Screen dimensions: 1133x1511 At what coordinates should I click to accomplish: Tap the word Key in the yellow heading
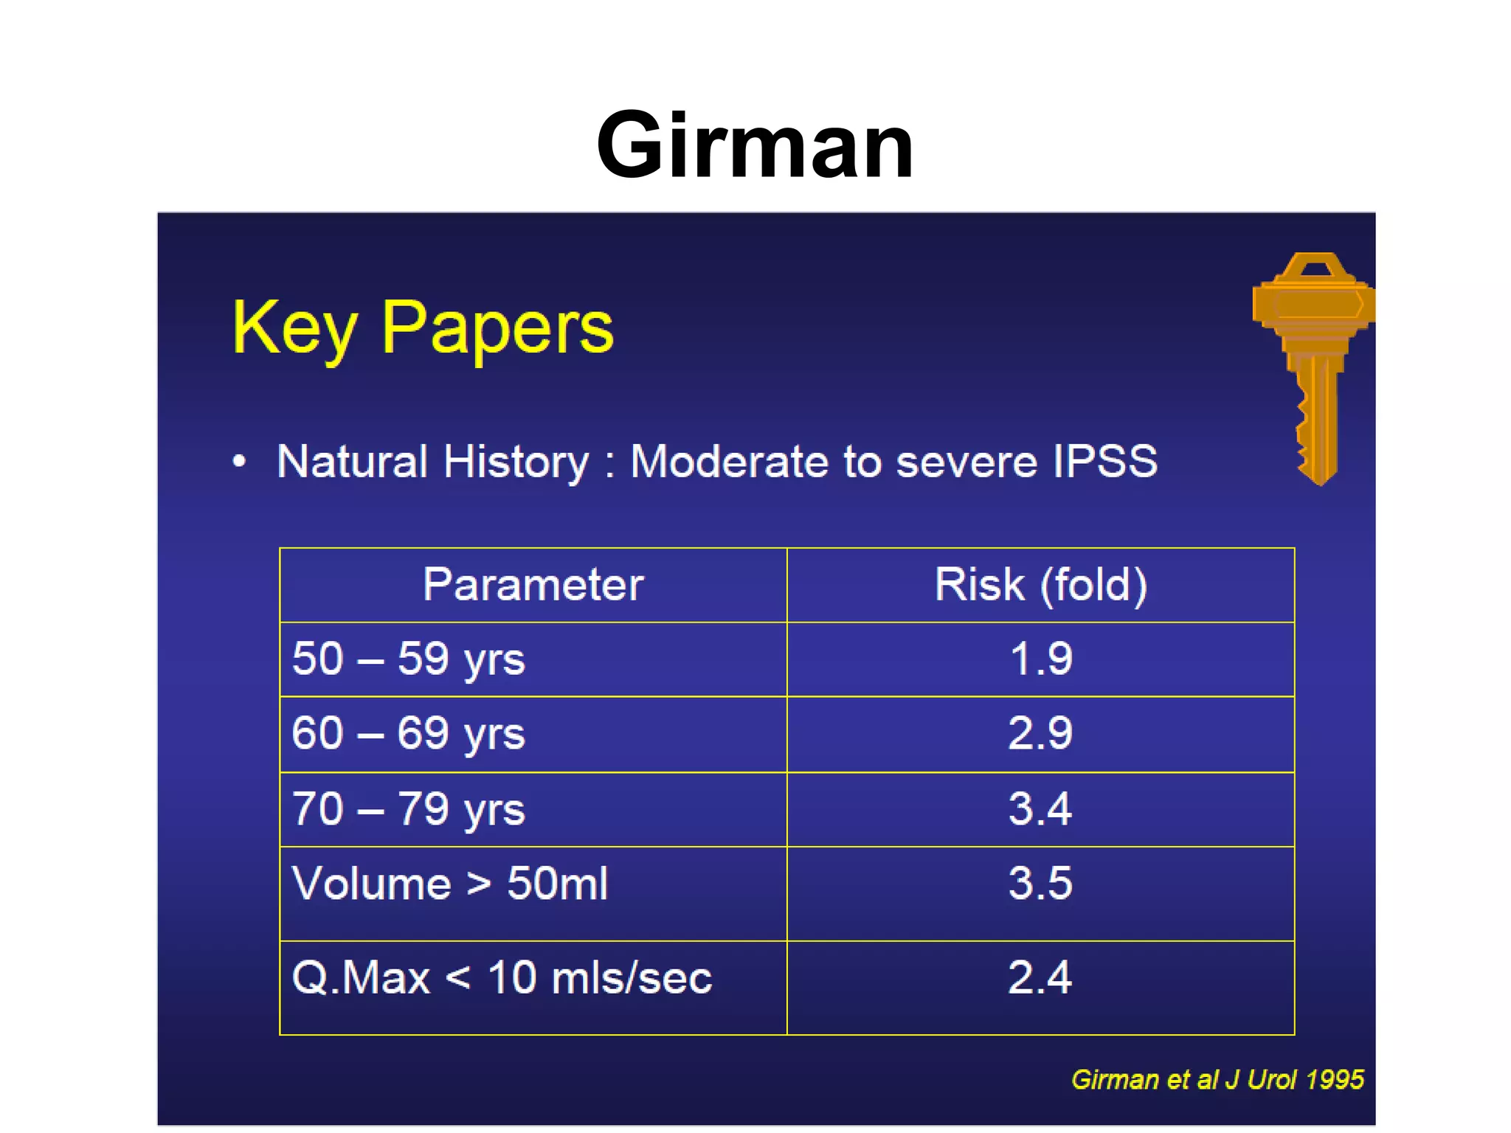coord(294,329)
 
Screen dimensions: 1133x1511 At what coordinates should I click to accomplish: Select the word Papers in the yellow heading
coord(497,329)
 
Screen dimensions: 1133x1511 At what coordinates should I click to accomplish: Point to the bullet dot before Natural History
coord(239,462)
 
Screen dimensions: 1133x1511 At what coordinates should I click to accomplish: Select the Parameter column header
coord(533,585)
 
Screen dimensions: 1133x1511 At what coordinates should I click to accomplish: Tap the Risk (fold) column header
coord(1040,585)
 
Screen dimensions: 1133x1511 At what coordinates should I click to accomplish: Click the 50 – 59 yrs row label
coord(408,659)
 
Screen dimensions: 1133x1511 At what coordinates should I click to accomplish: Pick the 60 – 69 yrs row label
coord(408,734)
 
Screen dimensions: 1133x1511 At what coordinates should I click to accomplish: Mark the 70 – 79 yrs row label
coord(408,809)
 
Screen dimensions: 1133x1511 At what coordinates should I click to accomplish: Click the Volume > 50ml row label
coord(449,883)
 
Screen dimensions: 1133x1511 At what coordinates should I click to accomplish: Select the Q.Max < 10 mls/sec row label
coord(502,978)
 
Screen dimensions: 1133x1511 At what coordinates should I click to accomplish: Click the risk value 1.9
coord(1040,659)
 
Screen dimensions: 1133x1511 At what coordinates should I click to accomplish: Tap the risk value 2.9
coord(1040,733)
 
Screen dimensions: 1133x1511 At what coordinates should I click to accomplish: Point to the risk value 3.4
coord(1040,808)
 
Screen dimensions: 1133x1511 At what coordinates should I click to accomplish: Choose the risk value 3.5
coord(1040,883)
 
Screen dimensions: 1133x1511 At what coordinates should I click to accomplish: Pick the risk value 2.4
coord(1040,978)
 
